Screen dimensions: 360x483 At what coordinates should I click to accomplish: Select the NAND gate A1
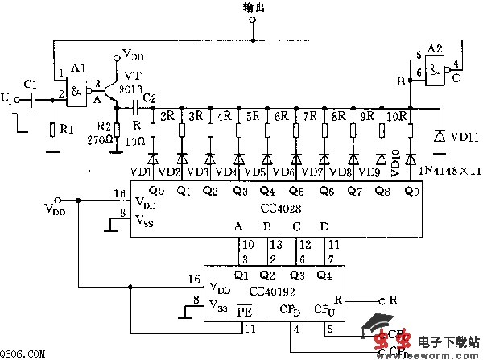78,89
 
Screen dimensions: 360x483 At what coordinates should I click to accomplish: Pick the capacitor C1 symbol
31,99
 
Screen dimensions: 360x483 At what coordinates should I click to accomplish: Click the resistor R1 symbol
51,128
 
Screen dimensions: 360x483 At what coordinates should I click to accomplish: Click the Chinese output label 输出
253,7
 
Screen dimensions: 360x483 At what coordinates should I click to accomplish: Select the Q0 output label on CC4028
157,191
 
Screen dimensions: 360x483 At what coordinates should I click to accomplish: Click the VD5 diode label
255,171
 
